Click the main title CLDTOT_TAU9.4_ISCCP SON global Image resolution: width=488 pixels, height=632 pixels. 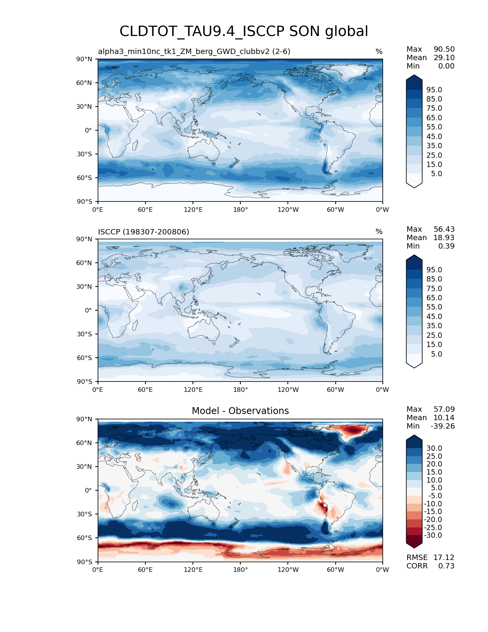[x=244, y=31]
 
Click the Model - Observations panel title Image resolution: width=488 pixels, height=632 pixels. [x=240, y=411]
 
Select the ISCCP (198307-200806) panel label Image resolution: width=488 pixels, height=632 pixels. [x=144, y=232]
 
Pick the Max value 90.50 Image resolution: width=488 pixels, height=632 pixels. [x=444, y=49]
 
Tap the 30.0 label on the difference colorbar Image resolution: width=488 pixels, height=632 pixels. [x=434, y=448]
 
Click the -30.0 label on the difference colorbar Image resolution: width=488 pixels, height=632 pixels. [x=433, y=535]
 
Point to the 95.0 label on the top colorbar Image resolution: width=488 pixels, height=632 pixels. [x=434, y=90]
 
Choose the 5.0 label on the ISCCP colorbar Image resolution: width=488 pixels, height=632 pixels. [x=436, y=354]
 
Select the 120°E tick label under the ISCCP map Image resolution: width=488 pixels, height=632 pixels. [x=193, y=390]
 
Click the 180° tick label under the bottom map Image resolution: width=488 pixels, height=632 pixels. [x=240, y=570]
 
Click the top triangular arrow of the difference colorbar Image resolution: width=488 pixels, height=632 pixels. [x=414, y=438]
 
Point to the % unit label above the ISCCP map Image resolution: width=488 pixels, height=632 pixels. [x=379, y=232]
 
